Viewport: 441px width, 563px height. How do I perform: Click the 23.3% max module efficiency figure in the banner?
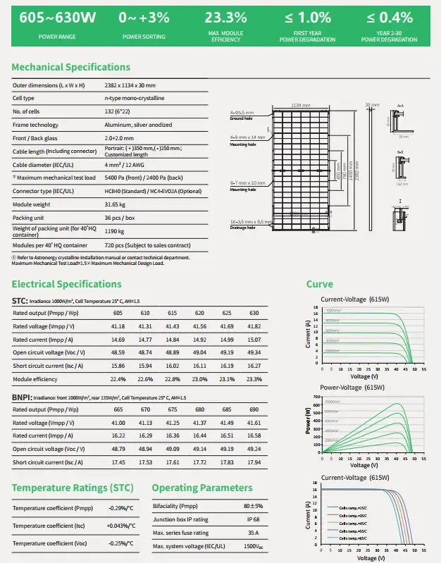(225, 18)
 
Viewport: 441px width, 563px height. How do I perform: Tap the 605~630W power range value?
(48, 18)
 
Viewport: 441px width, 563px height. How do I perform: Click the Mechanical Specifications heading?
(71, 67)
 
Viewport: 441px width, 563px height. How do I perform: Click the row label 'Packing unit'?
(29, 218)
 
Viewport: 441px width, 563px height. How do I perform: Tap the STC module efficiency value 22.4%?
(118, 378)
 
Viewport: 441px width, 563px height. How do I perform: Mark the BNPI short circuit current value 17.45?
(118, 462)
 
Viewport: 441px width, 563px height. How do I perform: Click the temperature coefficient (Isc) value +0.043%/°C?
(120, 526)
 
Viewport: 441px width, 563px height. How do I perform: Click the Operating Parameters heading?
(201, 488)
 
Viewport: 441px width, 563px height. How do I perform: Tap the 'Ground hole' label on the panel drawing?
(241, 119)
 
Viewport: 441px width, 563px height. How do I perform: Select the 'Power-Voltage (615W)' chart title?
(353, 387)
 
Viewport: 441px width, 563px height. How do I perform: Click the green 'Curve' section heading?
(319, 284)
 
